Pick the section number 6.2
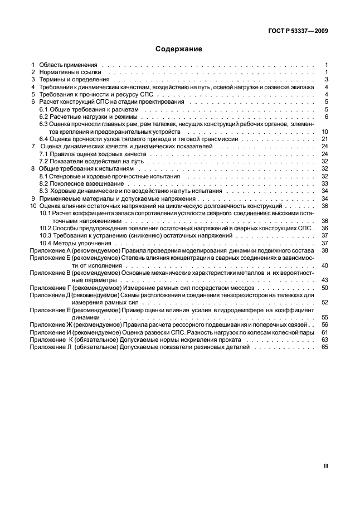[43, 117]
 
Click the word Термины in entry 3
[51, 80]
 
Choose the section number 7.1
[43, 153]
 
